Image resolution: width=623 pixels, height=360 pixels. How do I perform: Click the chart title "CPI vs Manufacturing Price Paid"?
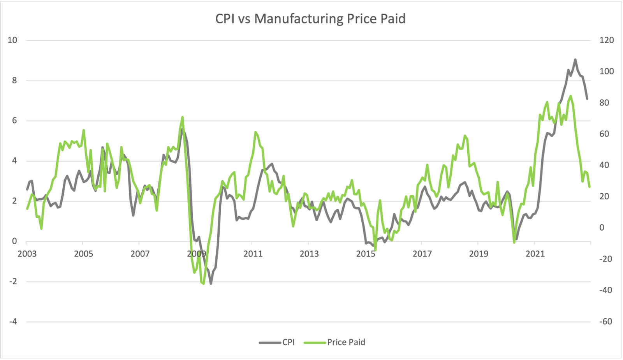coord(310,19)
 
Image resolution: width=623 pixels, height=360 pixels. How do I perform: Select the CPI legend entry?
coord(277,342)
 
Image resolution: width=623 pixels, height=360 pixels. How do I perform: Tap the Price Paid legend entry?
coord(335,342)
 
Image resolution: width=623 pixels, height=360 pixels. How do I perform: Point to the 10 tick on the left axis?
coord(12,40)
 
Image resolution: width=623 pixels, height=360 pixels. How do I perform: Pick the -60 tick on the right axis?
coord(605,322)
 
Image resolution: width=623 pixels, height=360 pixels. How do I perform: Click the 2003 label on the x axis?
coord(27,254)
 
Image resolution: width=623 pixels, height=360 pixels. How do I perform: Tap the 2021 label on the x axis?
coord(535,254)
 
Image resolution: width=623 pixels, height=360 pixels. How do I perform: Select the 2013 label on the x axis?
coord(309,254)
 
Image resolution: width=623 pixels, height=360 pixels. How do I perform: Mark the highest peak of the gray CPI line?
coord(575,60)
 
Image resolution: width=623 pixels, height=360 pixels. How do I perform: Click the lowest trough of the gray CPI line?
coord(211,283)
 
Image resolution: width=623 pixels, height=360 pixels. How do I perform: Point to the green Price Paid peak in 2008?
coord(182,117)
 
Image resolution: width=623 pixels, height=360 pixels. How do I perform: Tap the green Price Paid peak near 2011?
coord(255,132)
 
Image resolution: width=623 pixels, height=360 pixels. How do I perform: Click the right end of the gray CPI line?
coord(587,99)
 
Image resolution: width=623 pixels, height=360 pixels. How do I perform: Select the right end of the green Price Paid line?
coord(590,187)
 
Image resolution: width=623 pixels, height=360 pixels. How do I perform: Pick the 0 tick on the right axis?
coord(602,228)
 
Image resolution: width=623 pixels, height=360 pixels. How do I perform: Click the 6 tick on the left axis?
coord(14,121)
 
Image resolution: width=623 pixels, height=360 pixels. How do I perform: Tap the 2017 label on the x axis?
coord(422,254)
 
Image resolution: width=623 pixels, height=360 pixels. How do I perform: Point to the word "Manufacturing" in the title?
coord(299,19)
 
